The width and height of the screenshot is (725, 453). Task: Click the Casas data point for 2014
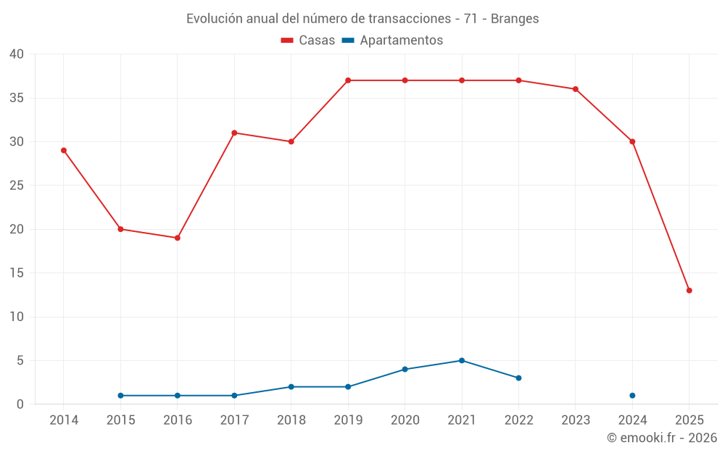point(64,150)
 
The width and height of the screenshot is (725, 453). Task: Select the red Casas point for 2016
point(178,238)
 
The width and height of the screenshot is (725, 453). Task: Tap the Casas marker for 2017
point(234,133)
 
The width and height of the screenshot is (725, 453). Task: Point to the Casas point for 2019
point(348,80)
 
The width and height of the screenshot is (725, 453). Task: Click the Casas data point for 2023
point(576,89)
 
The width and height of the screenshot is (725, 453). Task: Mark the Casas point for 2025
point(689,290)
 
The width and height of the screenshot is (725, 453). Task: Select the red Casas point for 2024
point(632,141)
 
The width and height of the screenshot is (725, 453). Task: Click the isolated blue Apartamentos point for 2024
point(632,395)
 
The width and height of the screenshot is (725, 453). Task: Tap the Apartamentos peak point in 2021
point(462,360)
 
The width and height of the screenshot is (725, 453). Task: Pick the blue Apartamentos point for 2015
point(120,395)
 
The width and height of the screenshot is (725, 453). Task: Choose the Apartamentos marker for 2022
point(518,378)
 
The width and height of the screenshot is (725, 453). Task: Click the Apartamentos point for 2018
point(291,386)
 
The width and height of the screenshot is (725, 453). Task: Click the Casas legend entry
point(308,41)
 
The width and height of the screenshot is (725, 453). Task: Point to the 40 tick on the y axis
point(17,54)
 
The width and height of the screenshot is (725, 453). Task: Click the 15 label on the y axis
point(17,273)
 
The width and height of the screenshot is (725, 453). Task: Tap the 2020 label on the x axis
point(405,420)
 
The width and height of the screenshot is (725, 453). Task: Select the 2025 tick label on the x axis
point(689,420)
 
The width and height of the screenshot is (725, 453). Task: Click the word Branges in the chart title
point(515,19)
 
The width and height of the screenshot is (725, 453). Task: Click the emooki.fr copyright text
point(662,438)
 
